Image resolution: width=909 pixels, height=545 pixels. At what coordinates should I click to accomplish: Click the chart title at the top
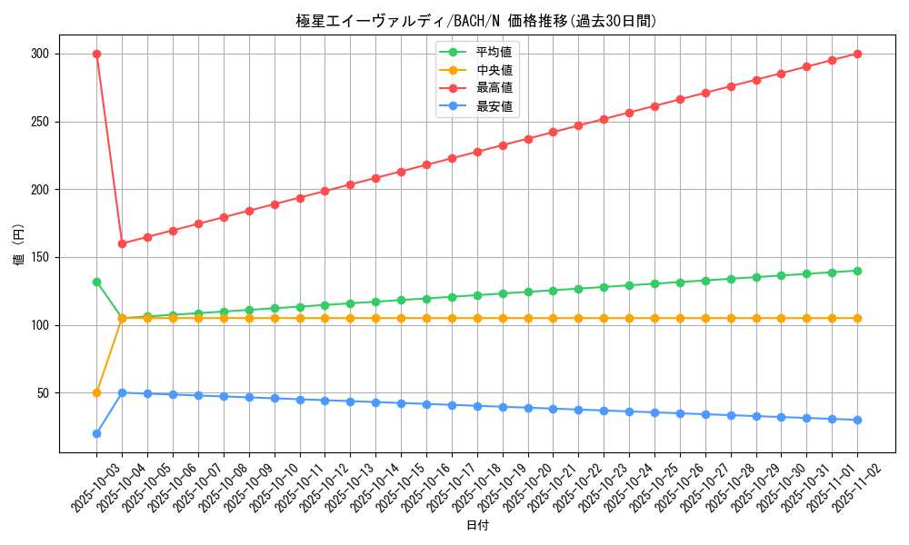point(476,21)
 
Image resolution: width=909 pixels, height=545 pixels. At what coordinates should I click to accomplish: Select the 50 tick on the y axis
point(42,392)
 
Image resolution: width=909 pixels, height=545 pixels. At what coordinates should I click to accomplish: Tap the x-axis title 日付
point(476,526)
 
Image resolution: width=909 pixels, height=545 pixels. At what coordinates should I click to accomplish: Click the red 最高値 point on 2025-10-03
point(96,54)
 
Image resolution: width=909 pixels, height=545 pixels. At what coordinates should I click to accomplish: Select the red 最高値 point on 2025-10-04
point(122,243)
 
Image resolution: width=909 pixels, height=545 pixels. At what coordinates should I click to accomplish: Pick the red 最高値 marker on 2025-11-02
point(857,54)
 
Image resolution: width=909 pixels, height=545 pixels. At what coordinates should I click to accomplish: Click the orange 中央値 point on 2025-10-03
point(96,392)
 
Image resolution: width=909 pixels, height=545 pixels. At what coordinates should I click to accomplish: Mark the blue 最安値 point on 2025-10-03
point(96,433)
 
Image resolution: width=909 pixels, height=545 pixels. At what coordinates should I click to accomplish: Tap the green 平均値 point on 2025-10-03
point(96,282)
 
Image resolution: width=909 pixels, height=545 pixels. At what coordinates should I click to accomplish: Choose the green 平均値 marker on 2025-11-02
point(857,271)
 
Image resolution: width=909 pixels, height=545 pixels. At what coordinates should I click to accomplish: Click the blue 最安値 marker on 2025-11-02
point(857,420)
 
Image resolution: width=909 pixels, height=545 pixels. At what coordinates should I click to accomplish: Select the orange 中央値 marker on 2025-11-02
point(857,318)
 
